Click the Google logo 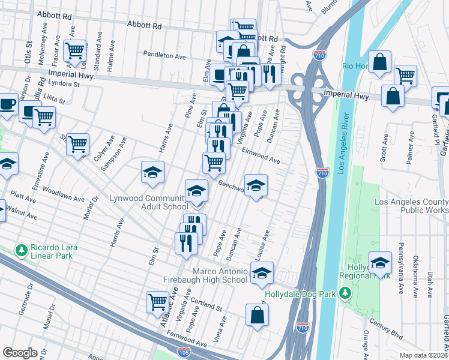(20, 353)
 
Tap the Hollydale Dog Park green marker (345, 293)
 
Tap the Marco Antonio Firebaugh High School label (205, 275)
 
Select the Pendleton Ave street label (164, 55)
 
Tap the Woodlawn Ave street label (63, 197)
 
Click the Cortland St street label (205, 303)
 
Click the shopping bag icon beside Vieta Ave (257, 316)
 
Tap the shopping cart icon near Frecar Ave (75, 52)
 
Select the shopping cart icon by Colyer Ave (77, 145)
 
